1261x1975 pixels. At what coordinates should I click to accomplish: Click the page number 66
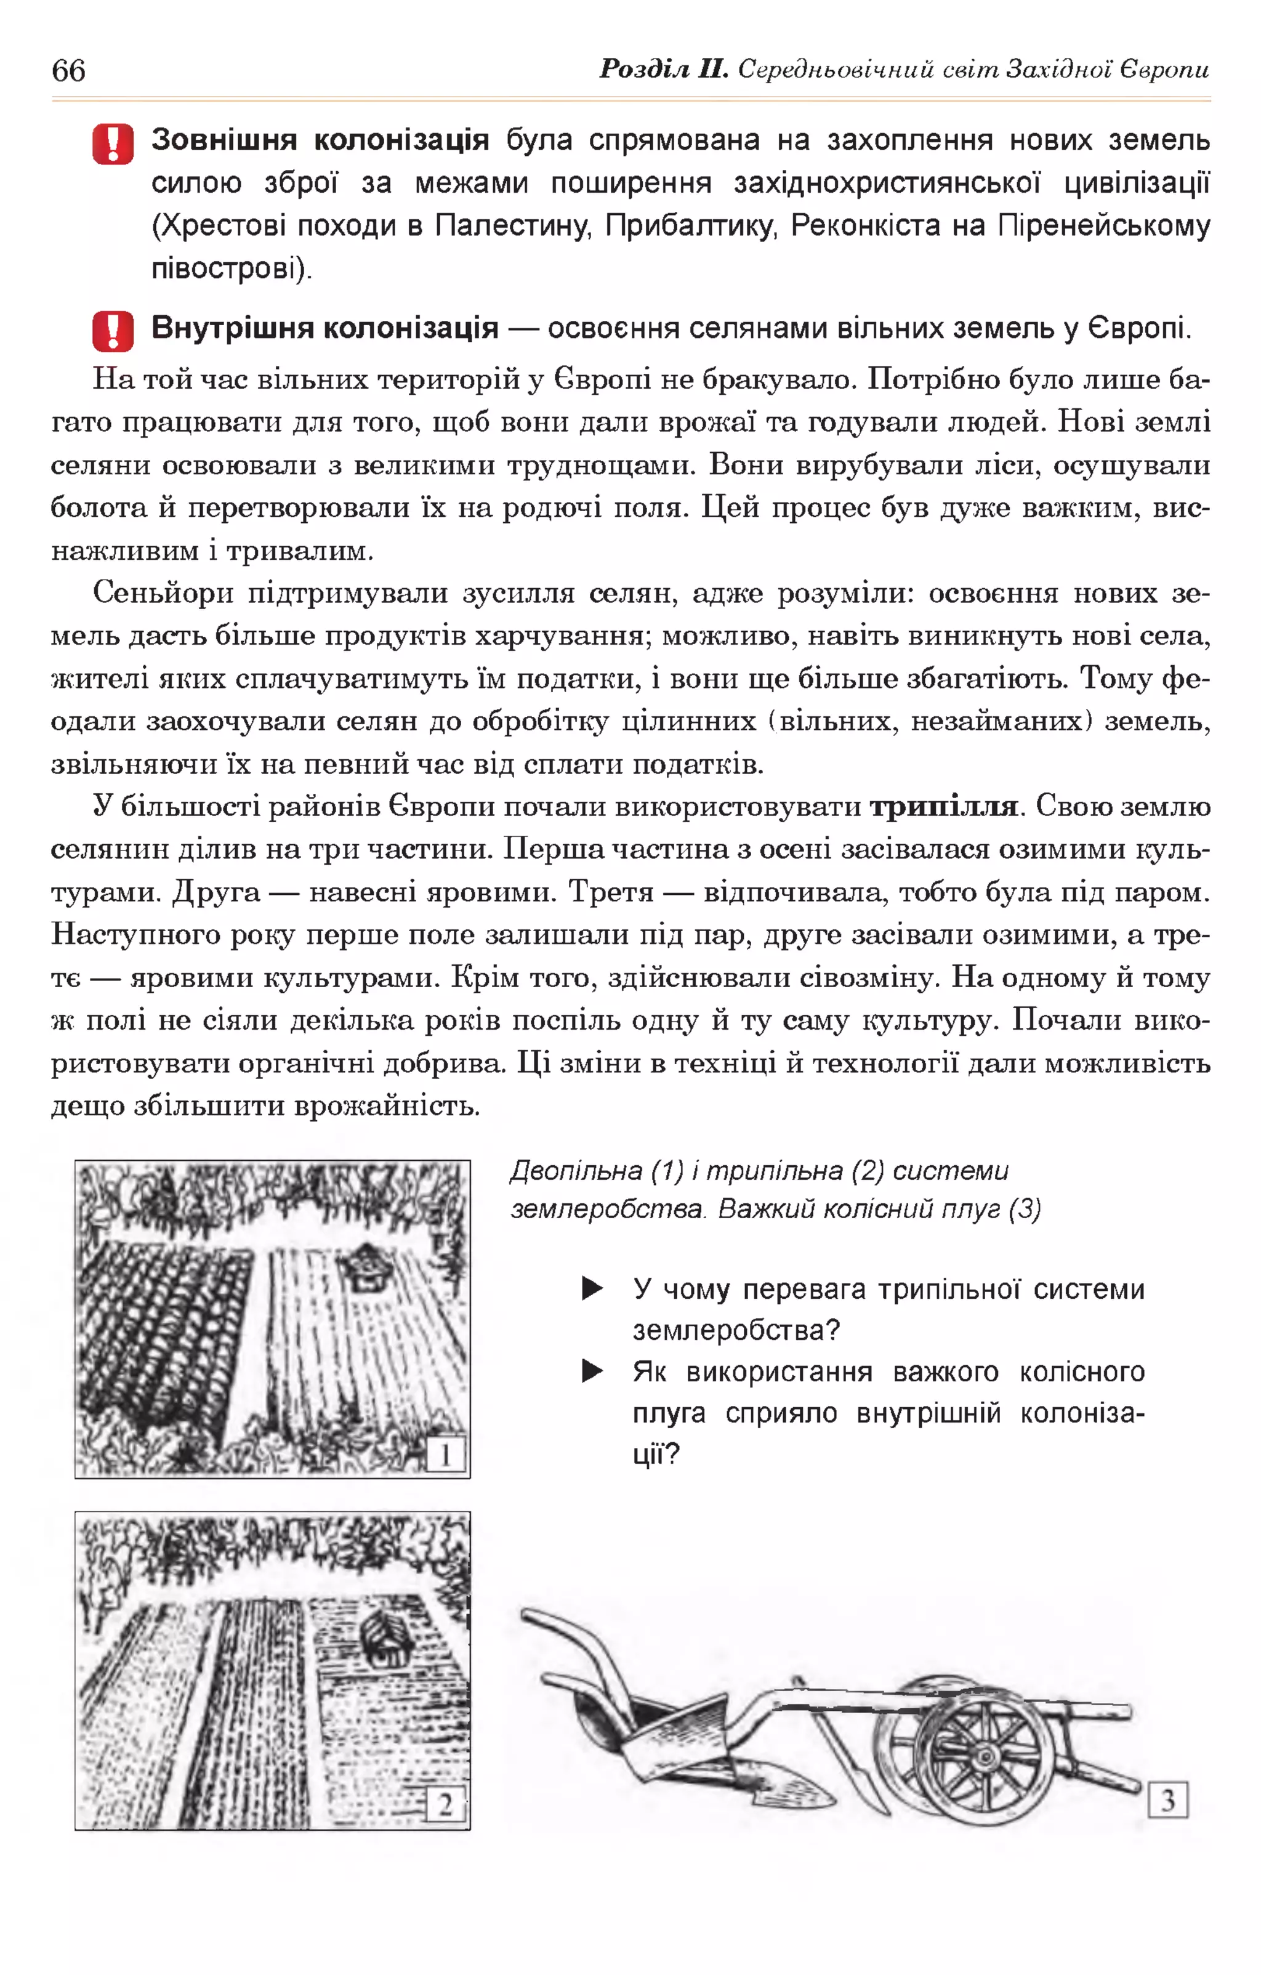tap(68, 71)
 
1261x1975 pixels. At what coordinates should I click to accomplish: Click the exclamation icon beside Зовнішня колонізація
tap(113, 144)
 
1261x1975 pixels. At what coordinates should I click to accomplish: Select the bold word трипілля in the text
tap(943, 807)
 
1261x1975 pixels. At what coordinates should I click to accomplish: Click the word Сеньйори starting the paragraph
tap(163, 592)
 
